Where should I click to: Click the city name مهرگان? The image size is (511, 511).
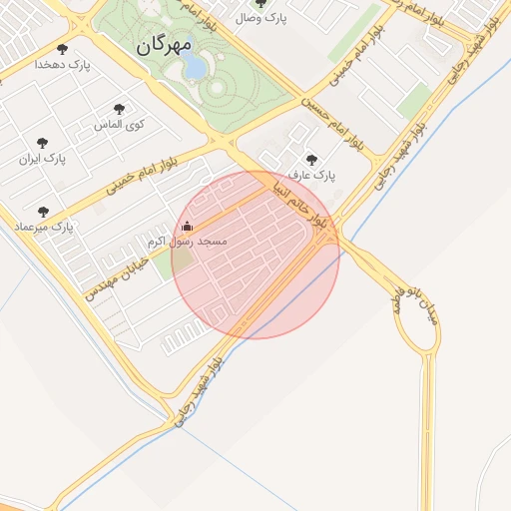(162, 45)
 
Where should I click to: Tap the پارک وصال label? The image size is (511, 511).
(262, 18)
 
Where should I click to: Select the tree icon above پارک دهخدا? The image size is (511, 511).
(62, 48)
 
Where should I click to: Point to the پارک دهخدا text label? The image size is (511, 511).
(62, 64)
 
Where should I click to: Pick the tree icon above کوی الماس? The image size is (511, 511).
(120, 108)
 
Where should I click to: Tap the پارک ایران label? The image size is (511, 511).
(42, 159)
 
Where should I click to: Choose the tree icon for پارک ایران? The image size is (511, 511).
(42, 143)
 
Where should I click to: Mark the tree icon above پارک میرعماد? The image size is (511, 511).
(42, 212)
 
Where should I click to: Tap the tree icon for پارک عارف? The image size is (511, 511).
(311, 159)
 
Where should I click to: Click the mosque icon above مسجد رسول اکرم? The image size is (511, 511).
(188, 227)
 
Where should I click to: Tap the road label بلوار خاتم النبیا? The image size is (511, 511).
(299, 203)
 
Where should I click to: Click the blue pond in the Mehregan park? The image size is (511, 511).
(194, 67)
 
